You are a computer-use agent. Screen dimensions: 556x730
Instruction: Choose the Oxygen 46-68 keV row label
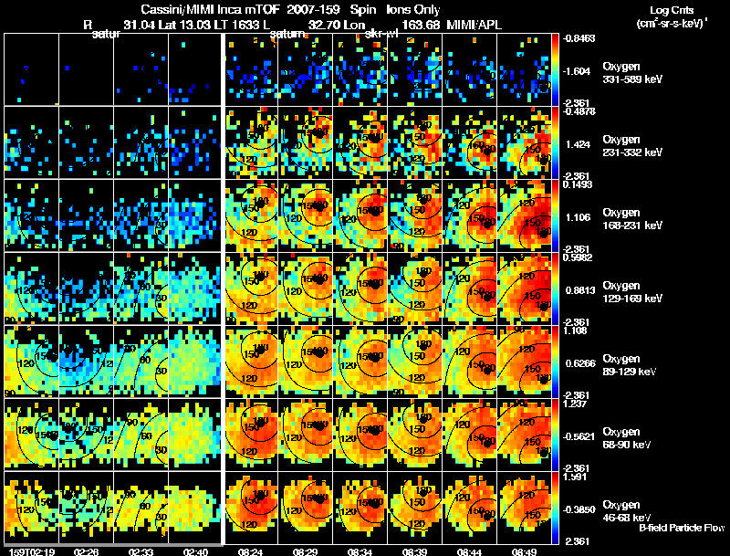pos(631,510)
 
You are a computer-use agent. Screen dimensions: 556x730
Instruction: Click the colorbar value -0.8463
pos(579,38)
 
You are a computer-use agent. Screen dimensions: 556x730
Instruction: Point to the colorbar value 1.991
pos(579,476)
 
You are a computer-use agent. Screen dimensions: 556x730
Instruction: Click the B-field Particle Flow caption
pos(681,528)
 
